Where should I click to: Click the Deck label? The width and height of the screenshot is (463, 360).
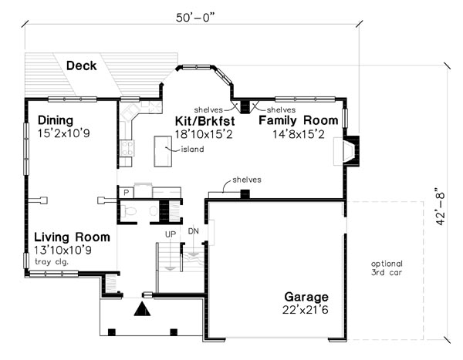(x=81, y=66)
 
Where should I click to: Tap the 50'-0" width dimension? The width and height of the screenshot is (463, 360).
(x=195, y=18)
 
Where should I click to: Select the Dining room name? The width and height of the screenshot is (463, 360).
(x=56, y=120)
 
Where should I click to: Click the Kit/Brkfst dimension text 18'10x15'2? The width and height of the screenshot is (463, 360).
(x=204, y=134)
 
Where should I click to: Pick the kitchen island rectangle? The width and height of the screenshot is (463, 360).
(x=163, y=151)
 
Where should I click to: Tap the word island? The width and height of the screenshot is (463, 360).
(x=192, y=150)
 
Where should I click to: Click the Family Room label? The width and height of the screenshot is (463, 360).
(x=298, y=120)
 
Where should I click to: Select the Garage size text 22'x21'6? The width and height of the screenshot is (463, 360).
(x=306, y=310)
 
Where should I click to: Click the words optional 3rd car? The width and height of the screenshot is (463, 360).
(x=387, y=268)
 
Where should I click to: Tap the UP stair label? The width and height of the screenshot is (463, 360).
(x=171, y=234)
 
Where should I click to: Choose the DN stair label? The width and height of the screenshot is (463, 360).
(x=194, y=231)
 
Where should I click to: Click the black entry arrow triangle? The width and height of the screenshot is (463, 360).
(x=142, y=309)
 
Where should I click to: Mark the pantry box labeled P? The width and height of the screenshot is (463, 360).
(x=126, y=193)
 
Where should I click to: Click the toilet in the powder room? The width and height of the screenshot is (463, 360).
(x=129, y=211)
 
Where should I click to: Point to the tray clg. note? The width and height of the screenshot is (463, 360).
(x=52, y=262)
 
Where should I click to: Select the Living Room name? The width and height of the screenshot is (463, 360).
(x=72, y=237)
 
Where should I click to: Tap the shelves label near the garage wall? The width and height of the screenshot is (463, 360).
(x=247, y=180)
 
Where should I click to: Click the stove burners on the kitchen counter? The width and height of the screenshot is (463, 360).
(x=127, y=147)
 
